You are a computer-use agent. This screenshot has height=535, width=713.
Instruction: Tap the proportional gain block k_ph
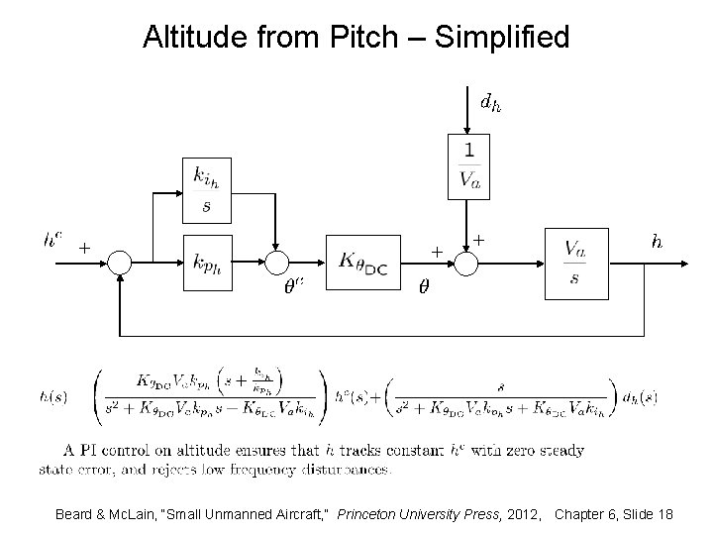click(x=208, y=263)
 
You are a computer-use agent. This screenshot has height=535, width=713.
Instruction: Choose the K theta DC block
click(x=363, y=263)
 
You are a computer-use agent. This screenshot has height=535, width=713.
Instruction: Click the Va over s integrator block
click(x=574, y=262)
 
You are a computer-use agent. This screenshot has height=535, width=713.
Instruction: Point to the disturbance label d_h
click(x=489, y=101)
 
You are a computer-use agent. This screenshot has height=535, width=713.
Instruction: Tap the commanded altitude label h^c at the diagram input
click(x=52, y=239)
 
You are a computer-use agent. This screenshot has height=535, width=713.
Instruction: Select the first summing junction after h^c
click(x=119, y=263)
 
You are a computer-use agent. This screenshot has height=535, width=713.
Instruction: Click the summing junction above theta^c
click(x=278, y=263)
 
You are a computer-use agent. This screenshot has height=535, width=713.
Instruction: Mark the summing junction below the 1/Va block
click(x=467, y=263)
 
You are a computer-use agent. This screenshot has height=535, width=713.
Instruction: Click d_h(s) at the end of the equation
click(x=639, y=397)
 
